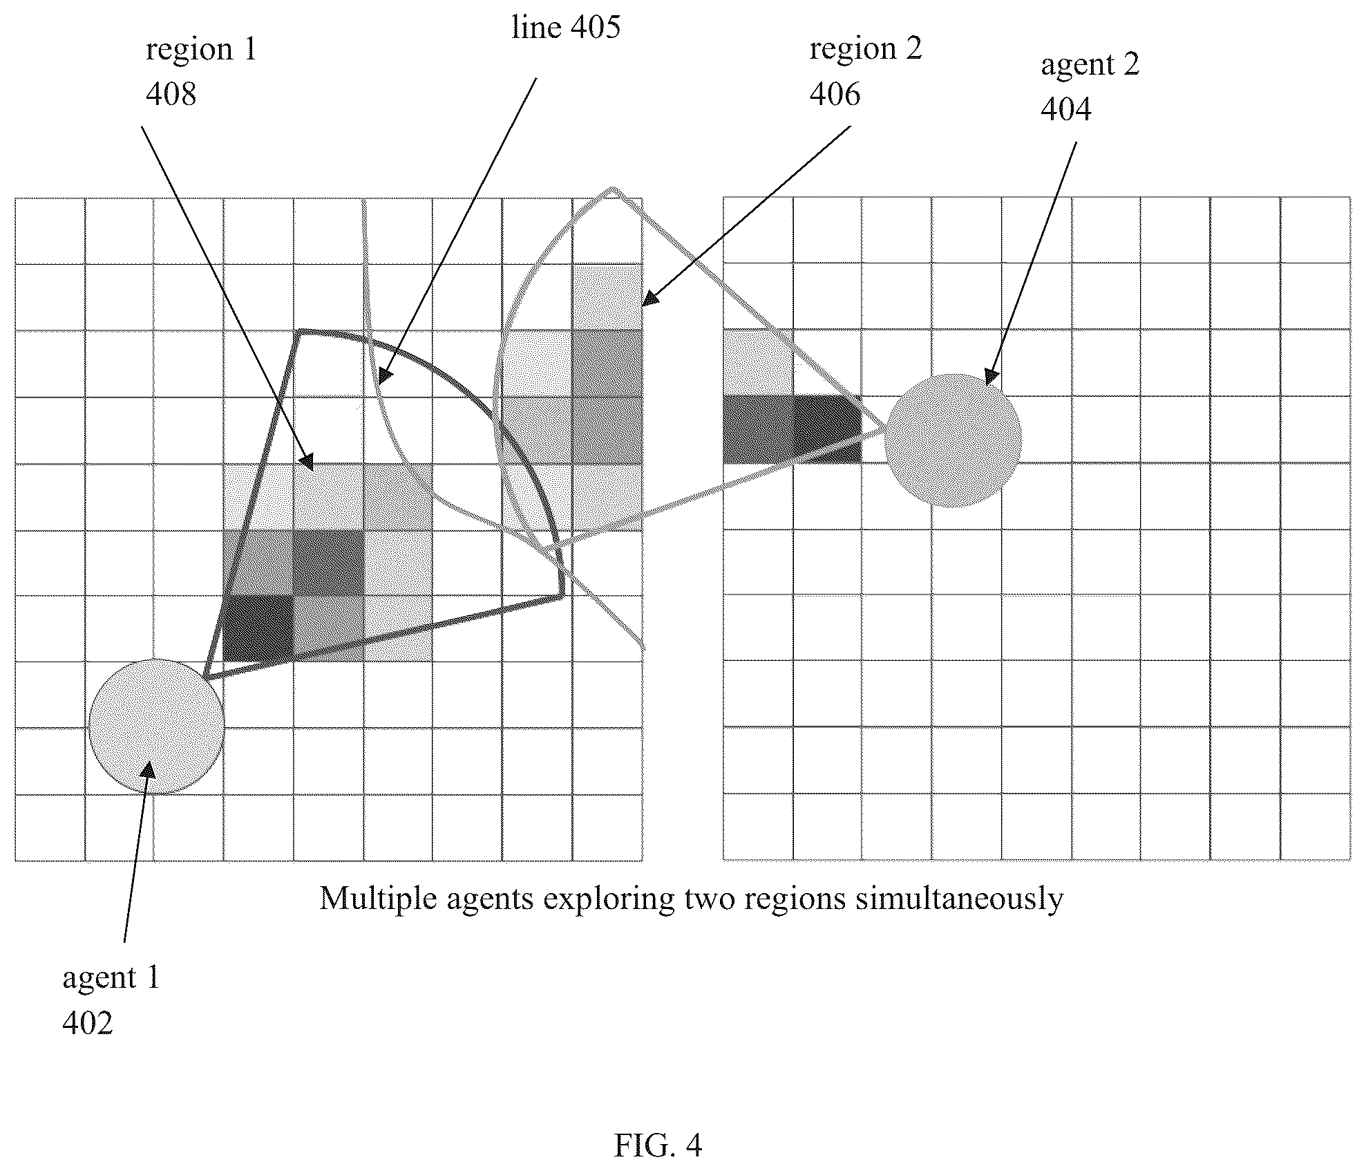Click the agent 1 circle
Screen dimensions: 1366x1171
[x=156, y=726]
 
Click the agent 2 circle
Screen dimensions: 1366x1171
[x=953, y=440]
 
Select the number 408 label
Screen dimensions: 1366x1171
[x=171, y=93]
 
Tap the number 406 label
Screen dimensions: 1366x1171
[x=835, y=93]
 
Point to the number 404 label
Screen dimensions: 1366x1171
[x=1066, y=109]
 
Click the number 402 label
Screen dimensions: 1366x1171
[x=88, y=1023]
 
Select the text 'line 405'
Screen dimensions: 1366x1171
[x=566, y=28]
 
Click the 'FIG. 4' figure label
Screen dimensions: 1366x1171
[x=658, y=1145]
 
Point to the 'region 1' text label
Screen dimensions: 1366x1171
[x=201, y=50]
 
